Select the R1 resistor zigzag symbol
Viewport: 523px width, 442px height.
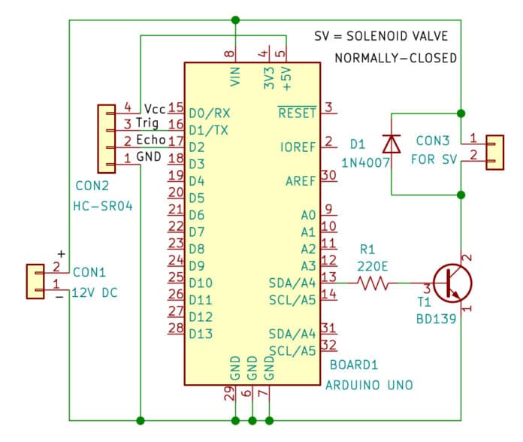373,283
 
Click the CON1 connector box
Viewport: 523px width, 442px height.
36,278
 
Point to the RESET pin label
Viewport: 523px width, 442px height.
298,113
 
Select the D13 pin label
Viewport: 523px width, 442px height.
201,333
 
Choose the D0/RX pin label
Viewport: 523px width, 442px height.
210,113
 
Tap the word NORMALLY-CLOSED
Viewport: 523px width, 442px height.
395,58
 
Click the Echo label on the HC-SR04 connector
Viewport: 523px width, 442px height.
150,141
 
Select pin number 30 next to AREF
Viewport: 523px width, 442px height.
328,175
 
